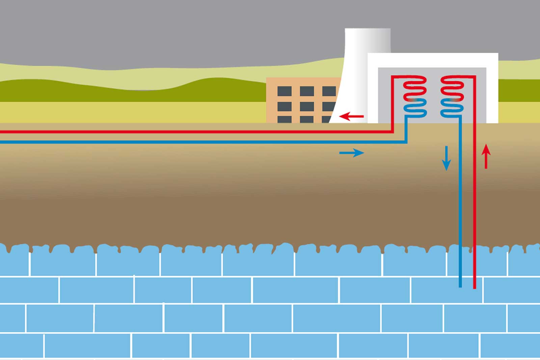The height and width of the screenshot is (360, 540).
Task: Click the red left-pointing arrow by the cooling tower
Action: point(351,117)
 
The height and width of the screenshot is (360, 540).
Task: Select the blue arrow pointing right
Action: point(351,153)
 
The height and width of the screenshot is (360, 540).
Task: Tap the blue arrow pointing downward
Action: point(446,158)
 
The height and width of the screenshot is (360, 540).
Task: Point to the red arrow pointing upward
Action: point(486,156)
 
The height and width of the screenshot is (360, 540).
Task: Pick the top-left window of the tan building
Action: point(284,91)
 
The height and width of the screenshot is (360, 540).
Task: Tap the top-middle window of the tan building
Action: point(306,91)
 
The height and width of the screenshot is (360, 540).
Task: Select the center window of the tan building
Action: point(306,106)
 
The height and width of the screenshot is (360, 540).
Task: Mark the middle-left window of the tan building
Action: point(284,106)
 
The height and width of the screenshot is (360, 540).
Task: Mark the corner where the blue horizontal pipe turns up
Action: point(406,142)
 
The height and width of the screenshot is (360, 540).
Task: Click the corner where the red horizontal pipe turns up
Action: point(392,131)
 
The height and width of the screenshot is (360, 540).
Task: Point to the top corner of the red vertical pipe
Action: point(475,77)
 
